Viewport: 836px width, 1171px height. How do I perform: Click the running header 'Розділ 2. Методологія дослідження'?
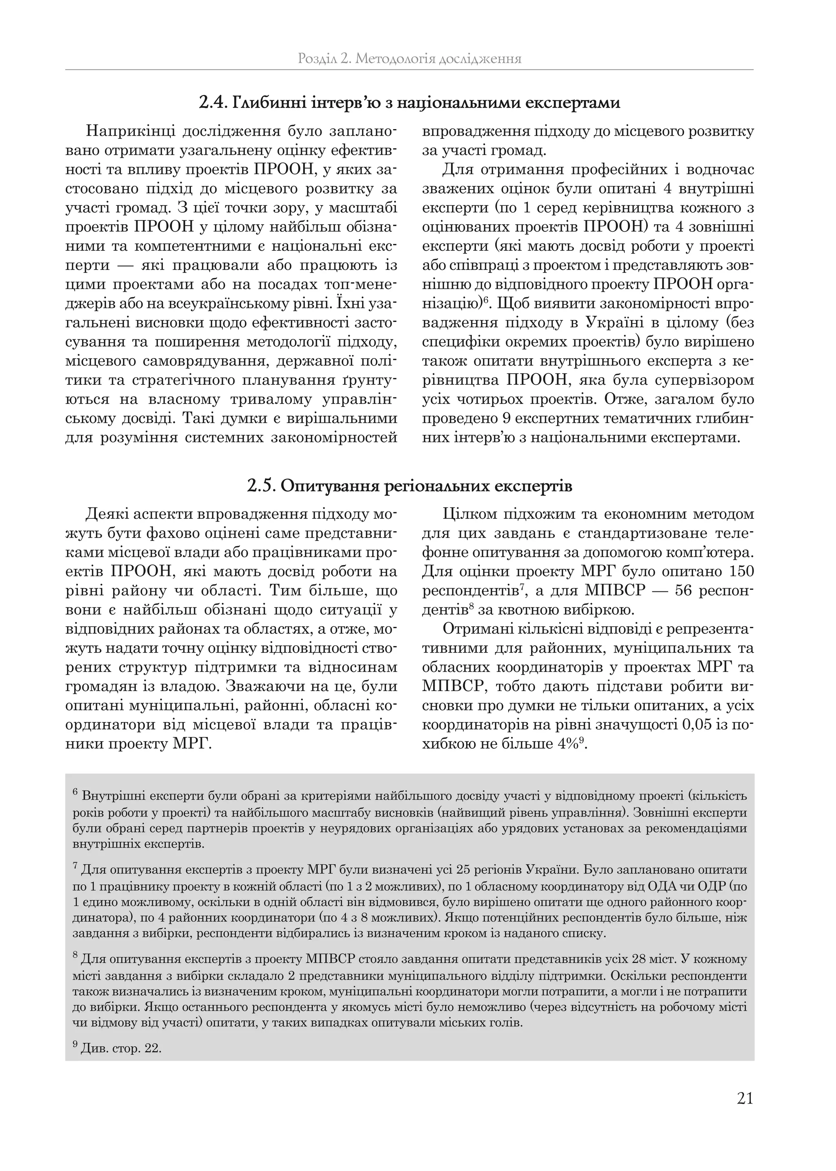(409, 59)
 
